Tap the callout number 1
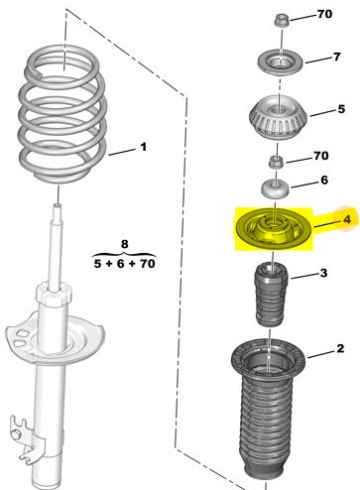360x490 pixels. [143, 147]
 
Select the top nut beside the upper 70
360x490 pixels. [282, 21]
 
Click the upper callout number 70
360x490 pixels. [324, 14]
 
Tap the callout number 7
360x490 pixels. [336, 57]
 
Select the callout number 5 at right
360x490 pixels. [341, 109]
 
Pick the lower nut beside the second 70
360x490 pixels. [276, 162]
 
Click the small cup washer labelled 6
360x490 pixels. [275, 189]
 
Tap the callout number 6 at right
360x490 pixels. [324, 180]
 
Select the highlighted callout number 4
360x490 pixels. [346, 219]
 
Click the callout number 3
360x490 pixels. [323, 273]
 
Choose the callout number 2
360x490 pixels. [340, 348]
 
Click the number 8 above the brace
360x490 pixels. [124, 244]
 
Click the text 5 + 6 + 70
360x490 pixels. [124, 264]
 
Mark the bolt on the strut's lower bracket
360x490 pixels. [16, 433]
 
